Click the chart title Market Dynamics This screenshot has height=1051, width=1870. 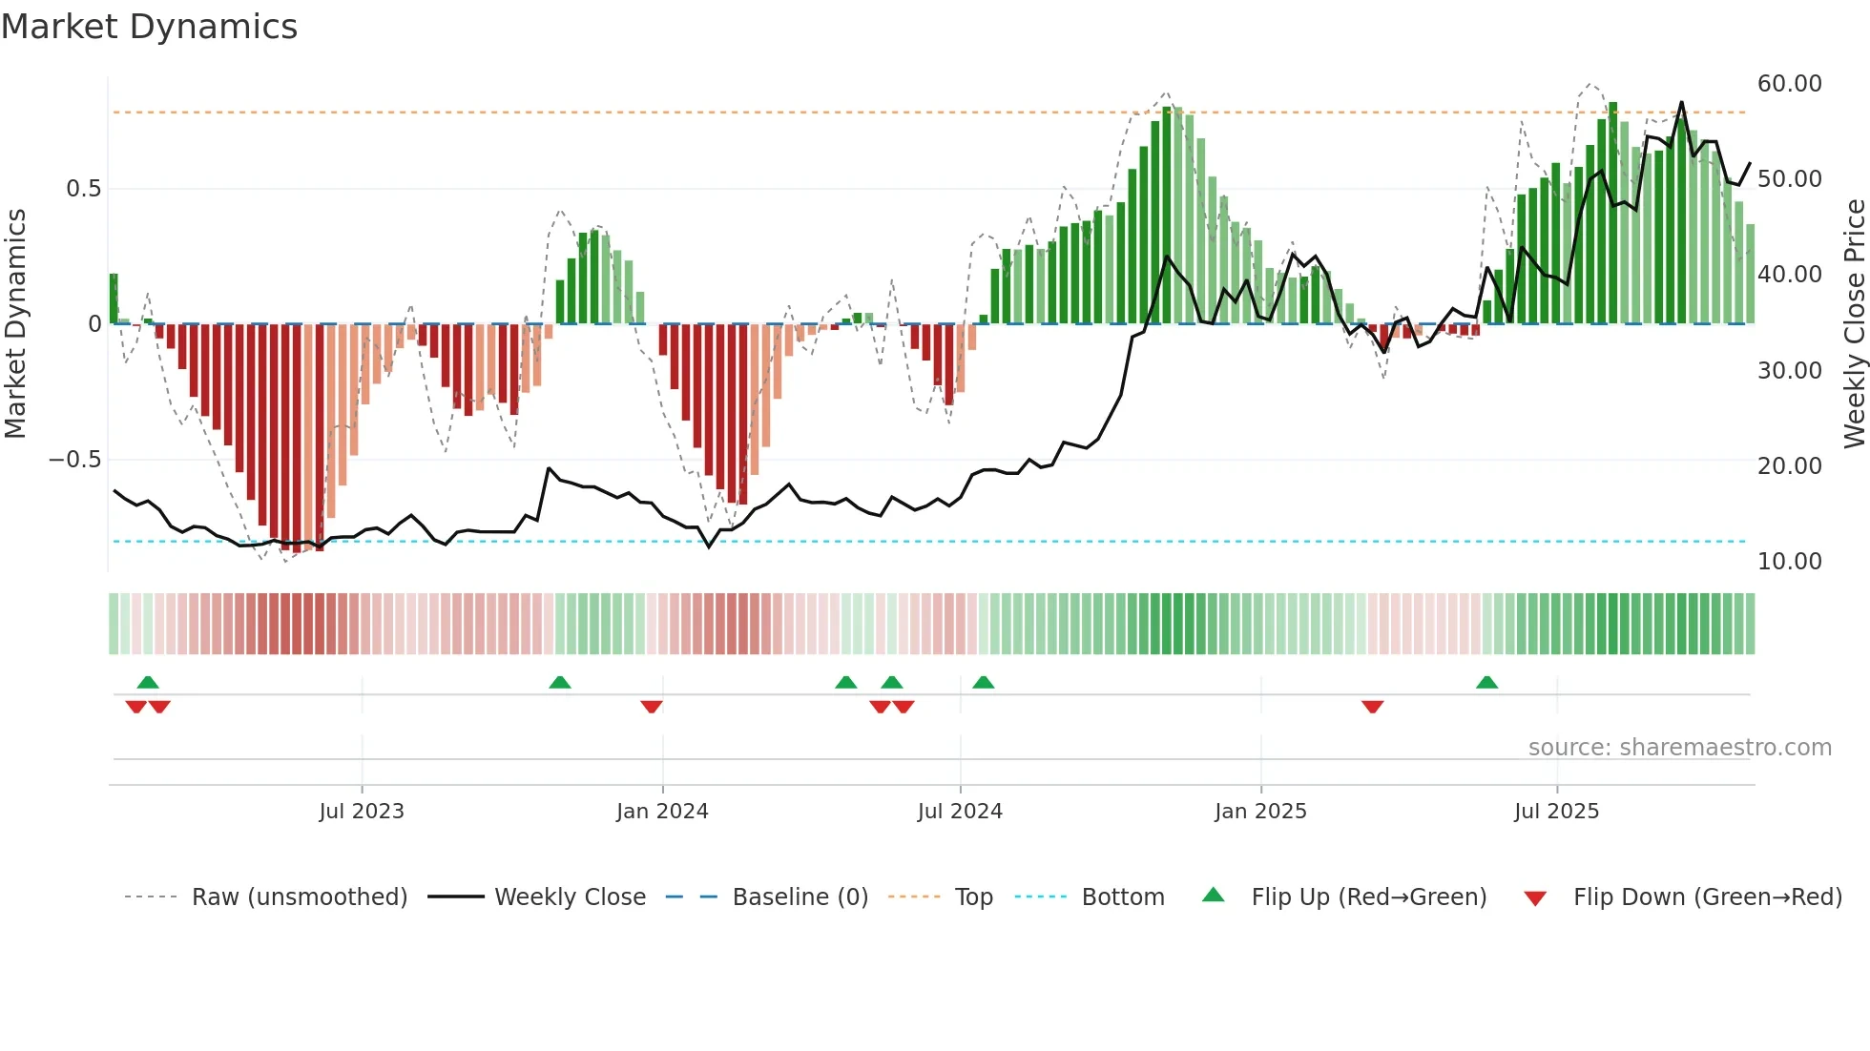click(149, 27)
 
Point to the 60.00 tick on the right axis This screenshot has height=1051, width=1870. click(1789, 84)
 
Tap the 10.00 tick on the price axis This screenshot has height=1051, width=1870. click(1789, 561)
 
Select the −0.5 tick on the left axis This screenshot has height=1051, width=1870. click(74, 460)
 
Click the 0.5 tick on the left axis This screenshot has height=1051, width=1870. click(83, 189)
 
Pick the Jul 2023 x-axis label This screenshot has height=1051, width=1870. click(362, 812)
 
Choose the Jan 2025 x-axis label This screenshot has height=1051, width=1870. click(1260, 812)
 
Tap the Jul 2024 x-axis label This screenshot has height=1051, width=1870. click(960, 812)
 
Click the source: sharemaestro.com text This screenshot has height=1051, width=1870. click(1679, 748)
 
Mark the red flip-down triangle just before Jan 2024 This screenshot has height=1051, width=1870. click(652, 707)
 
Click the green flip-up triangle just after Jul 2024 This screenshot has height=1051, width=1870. click(984, 682)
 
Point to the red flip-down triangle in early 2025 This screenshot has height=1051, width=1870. click(1373, 707)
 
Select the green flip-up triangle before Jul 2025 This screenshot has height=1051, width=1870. click(1486, 682)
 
